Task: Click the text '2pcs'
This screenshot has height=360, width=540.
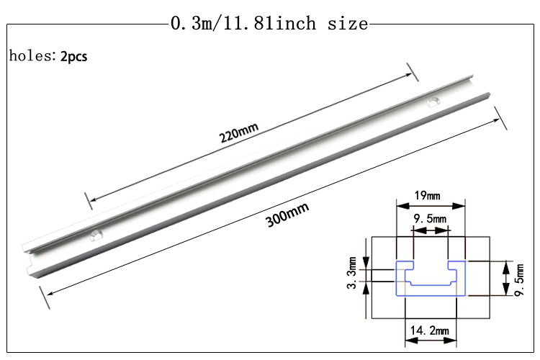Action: pyautogui.click(x=73, y=55)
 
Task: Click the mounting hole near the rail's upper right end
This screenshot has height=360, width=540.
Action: pyautogui.click(x=433, y=102)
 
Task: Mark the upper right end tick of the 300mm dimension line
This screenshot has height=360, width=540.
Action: pyautogui.click(x=500, y=117)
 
